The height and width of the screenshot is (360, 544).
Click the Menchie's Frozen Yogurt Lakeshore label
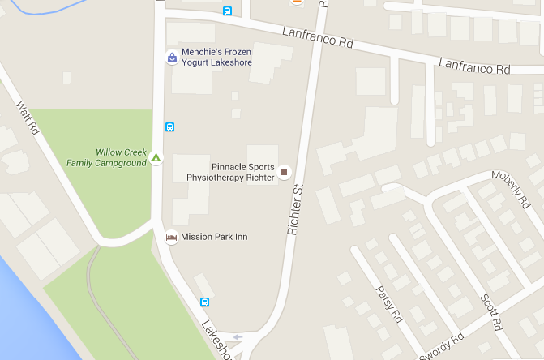pyautogui.click(x=216, y=57)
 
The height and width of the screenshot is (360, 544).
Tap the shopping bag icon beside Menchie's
pyautogui.click(x=172, y=57)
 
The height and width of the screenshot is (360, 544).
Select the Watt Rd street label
pyautogui.click(x=28, y=118)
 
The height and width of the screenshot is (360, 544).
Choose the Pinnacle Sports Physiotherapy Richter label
pyautogui.click(x=231, y=172)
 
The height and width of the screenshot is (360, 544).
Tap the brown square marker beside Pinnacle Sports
pyautogui.click(x=284, y=172)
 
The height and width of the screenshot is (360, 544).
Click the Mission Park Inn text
pyautogui.click(x=214, y=237)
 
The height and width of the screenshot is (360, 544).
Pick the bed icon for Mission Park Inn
pyautogui.click(x=171, y=237)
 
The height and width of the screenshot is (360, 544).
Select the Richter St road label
pyautogui.click(x=296, y=210)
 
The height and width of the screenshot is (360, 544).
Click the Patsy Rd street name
pyautogui.click(x=389, y=302)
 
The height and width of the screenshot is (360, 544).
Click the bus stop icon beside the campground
pyautogui.click(x=170, y=126)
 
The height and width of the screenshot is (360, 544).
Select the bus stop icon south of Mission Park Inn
pyautogui.click(x=205, y=302)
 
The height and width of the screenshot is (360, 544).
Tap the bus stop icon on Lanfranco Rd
pyautogui.click(x=228, y=11)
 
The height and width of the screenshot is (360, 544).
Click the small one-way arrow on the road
pyautogui.click(x=237, y=337)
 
